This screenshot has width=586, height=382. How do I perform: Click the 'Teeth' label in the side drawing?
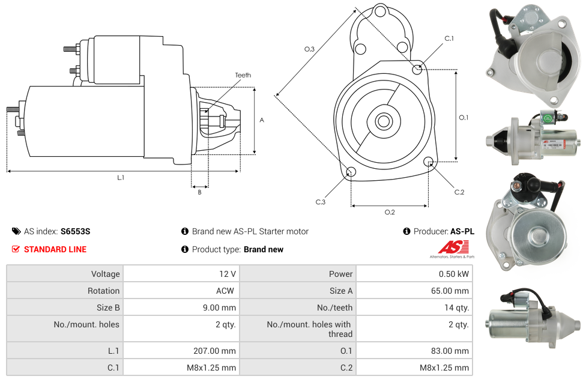[243, 75]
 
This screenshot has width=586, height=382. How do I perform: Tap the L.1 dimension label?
[121, 177]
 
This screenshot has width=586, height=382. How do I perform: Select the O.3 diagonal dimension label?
[309, 49]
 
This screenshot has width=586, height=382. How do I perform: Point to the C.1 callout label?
[449, 38]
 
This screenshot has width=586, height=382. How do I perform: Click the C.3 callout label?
[321, 202]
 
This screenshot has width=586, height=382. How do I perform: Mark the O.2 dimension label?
[389, 211]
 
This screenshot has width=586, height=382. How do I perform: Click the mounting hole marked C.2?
[429, 162]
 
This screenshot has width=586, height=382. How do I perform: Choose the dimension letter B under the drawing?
[199, 192]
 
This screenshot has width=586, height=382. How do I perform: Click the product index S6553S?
[75, 231]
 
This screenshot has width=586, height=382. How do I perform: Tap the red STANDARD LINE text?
[55, 249]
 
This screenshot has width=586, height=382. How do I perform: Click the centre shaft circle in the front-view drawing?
[383, 121]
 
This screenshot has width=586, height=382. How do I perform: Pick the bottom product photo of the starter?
[533, 318]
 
